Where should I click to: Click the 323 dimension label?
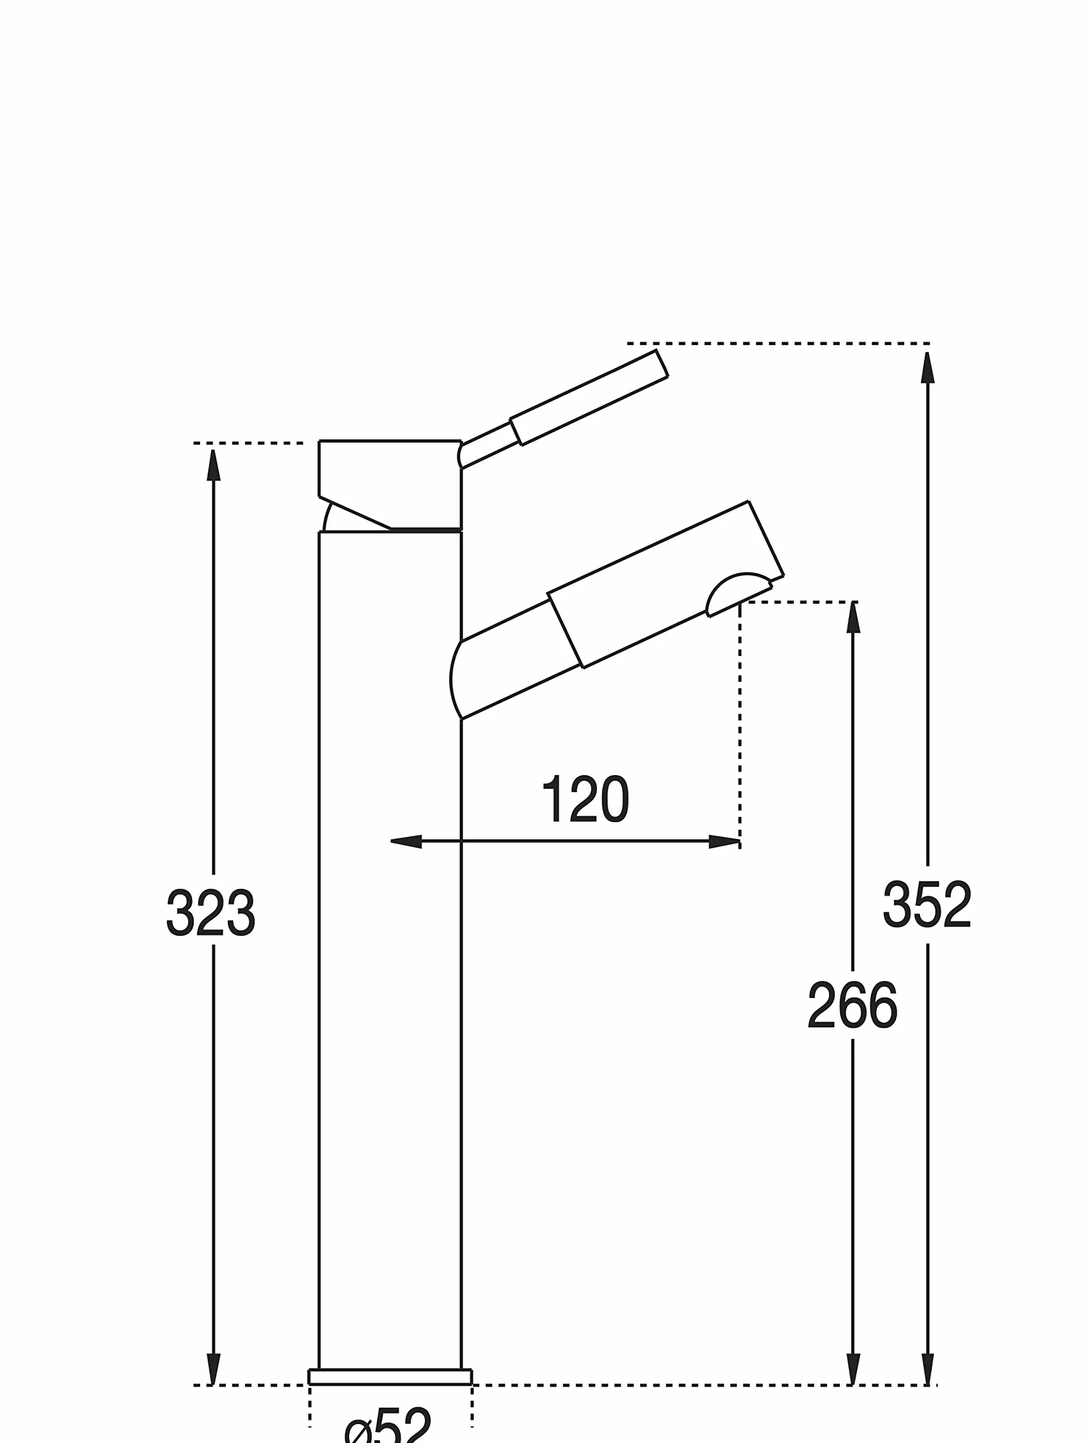211,912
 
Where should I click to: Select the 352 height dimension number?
927,904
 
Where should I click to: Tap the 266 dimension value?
852,1006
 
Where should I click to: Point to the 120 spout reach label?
586,799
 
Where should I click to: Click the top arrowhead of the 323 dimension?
213,465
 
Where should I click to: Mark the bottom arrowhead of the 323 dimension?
213,1369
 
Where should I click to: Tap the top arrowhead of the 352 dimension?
927,367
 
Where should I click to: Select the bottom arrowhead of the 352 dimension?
927,1369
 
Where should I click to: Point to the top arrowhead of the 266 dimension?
853,617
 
